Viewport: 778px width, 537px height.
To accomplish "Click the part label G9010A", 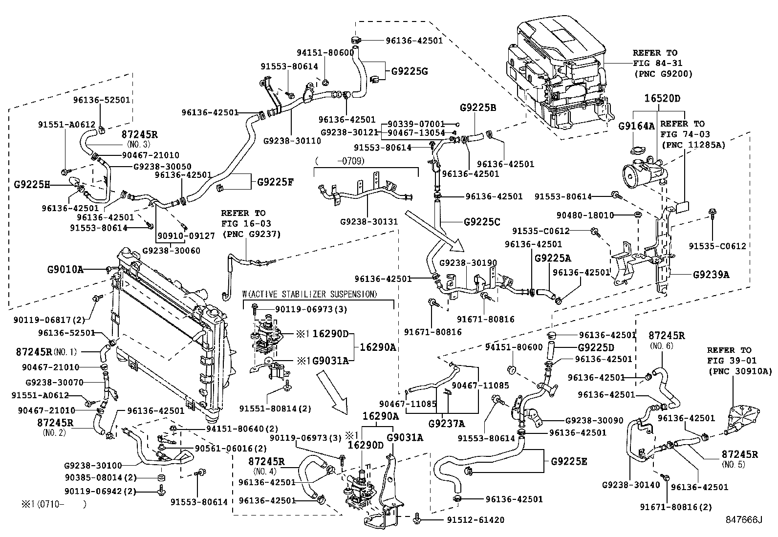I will coord(65,269).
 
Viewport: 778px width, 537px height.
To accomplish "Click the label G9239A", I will coord(711,275).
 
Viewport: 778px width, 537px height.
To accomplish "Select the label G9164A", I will coord(636,126).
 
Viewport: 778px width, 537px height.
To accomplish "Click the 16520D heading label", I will coord(662,98).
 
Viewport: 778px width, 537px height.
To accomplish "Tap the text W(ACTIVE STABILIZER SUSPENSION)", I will coord(310,294).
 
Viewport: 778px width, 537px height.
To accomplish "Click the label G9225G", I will coord(409,71).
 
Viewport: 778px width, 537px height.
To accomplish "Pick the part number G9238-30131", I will coord(369,221).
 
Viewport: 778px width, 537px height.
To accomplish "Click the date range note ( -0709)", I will coord(340,160).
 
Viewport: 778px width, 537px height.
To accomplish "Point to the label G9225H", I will coord(32,185).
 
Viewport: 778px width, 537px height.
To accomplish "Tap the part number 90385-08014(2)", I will coord(100,477).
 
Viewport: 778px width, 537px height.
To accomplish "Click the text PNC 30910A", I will coord(739,371).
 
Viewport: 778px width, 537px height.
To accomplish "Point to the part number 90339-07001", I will coord(416,124).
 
